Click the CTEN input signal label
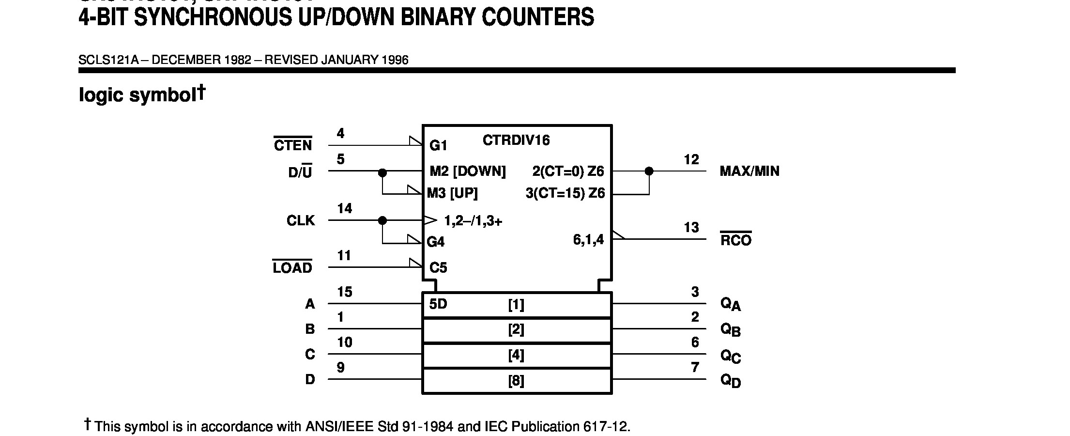(x=293, y=145)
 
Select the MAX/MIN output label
(x=749, y=171)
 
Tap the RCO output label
(x=735, y=240)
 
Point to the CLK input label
(x=301, y=221)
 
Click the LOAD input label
(x=292, y=268)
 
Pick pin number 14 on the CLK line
(x=344, y=209)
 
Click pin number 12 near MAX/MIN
(x=691, y=159)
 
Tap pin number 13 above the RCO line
(x=691, y=227)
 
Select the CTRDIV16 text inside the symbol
(x=516, y=140)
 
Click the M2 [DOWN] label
(x=467, y=171)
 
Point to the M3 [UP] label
(x=452, y=193)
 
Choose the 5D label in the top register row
(x=438, y=304)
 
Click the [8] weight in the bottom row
(x=516, y=381)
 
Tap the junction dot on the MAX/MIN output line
(x=649, y=171)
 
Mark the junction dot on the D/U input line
(x=382, y=172)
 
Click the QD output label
(x=731, y=380)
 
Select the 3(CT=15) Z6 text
(x=565, y=193)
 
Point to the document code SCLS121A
(x=108, y=60)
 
